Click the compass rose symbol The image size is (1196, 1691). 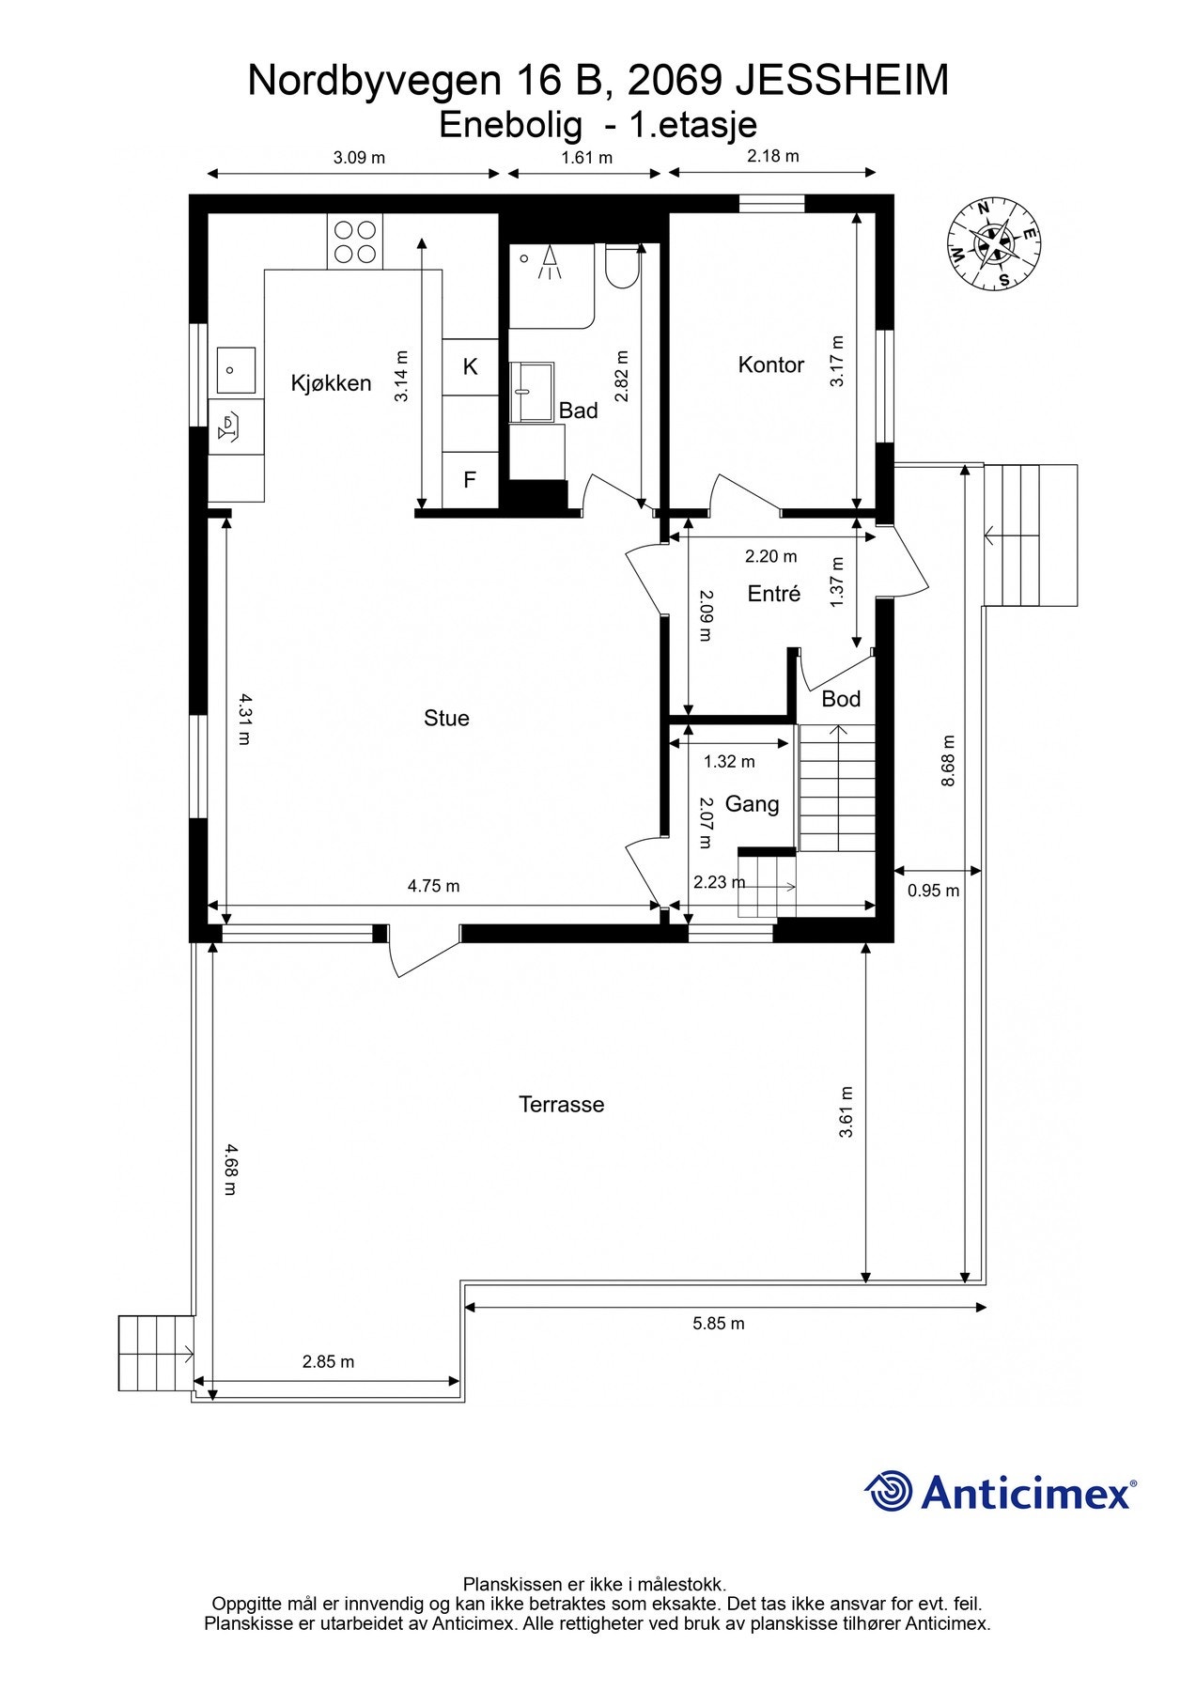coord(994,244)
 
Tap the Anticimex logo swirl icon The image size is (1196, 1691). coord(888,1492)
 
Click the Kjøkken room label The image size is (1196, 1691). coord(331,383)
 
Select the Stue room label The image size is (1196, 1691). coord(446,719)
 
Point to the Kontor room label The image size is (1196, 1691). coord(771,365)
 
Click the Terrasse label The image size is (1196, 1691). coord(562,1104)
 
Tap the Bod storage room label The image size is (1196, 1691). coord(841,699)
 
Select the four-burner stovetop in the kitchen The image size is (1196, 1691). coord(355,241)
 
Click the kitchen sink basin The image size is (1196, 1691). coord(237,370)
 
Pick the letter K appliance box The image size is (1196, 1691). coord(470,367)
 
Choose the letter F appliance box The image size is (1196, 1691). coord(470,480)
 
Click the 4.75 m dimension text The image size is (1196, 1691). coord(433,886)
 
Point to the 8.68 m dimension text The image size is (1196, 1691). coord(948,760)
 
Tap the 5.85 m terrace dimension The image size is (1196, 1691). coord(719,1324)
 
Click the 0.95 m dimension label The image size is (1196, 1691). coord(933,891)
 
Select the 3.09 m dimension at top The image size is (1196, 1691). coord(359,158)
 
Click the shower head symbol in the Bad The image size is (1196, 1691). coord(548,262)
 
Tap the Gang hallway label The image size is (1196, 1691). coord(752,804)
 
